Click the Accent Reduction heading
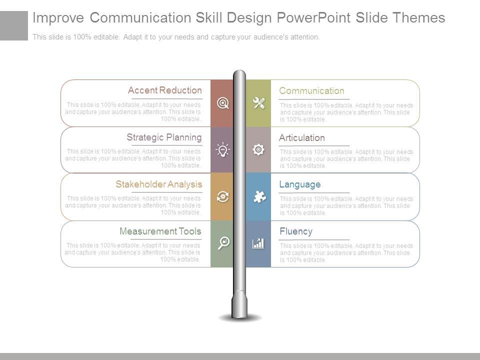pos(165,90)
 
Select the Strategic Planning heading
pos(164,137)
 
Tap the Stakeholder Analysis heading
pos(159,184)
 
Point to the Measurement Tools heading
pos(160,231)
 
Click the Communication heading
pos(311,91)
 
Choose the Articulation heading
pos(302,138)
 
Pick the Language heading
pos(300,184)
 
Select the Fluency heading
pos(296,231)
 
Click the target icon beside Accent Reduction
pos(223,103)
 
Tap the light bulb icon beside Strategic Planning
pos(222,149)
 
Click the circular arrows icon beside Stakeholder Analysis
pos(223,196)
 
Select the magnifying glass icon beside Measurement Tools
pos(223,243)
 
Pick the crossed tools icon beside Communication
pos(258,103)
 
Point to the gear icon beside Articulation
pos(258,149)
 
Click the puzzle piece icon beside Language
pos(259,197)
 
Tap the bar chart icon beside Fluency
pos(258,243)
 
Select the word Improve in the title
pos(58,18)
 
